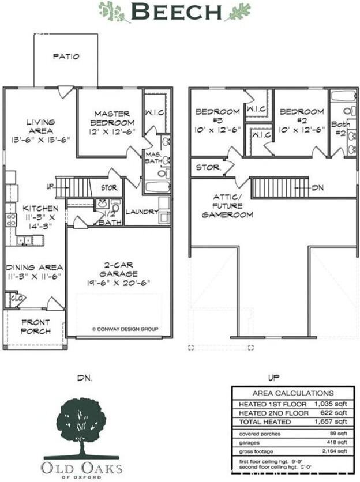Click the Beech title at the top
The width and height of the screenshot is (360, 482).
[x=176, y=11]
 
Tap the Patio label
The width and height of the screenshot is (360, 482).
[x=66, y=57]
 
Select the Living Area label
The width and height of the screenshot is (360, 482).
[x=40, y=130]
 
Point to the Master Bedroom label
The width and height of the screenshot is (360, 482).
[x=112, y=122]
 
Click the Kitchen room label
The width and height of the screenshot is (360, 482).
[x=40, y=217]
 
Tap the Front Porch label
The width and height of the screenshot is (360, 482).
[x=35, y=327]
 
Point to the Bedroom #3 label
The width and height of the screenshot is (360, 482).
[x=213, y=120]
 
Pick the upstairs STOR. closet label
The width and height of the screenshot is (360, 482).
[x=208, y=168]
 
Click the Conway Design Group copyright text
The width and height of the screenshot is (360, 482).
[x=125, y=330]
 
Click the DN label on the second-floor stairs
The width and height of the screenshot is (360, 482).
[x=317, y=189]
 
